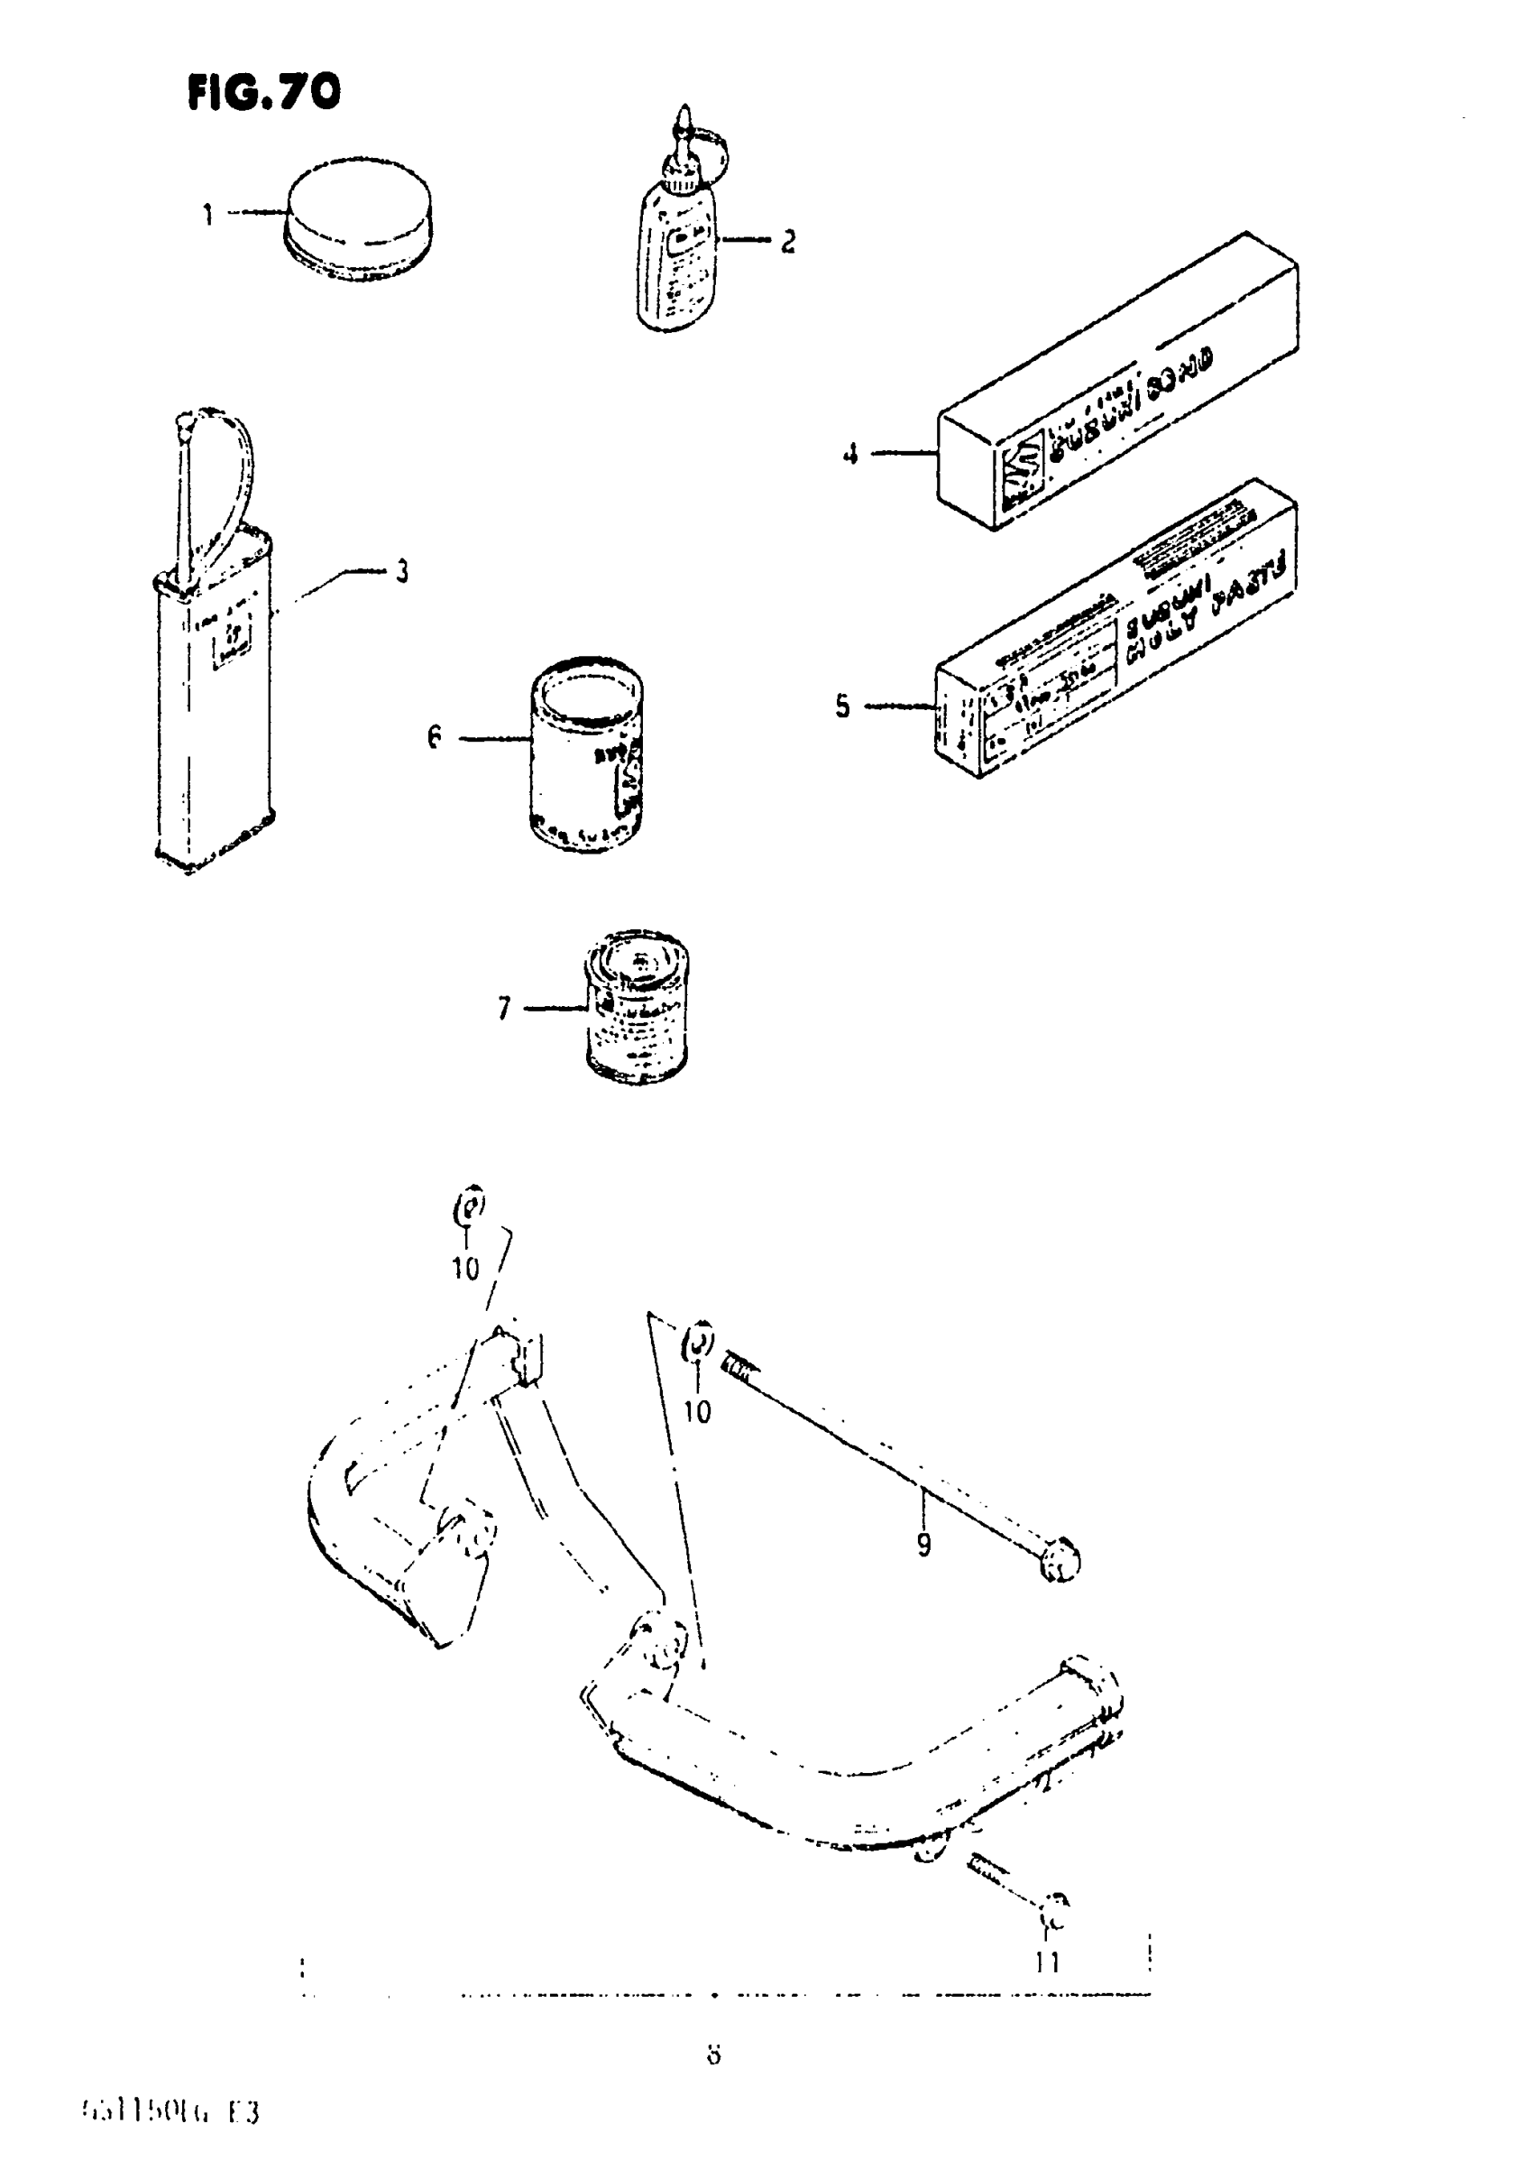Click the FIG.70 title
263,93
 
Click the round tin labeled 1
359,220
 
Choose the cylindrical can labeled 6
587,754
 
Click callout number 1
208,215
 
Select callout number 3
402,571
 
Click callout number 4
850,455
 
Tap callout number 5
842,706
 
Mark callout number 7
504,1008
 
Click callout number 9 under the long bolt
924,1544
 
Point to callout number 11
1047,1962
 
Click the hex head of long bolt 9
1060,1559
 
